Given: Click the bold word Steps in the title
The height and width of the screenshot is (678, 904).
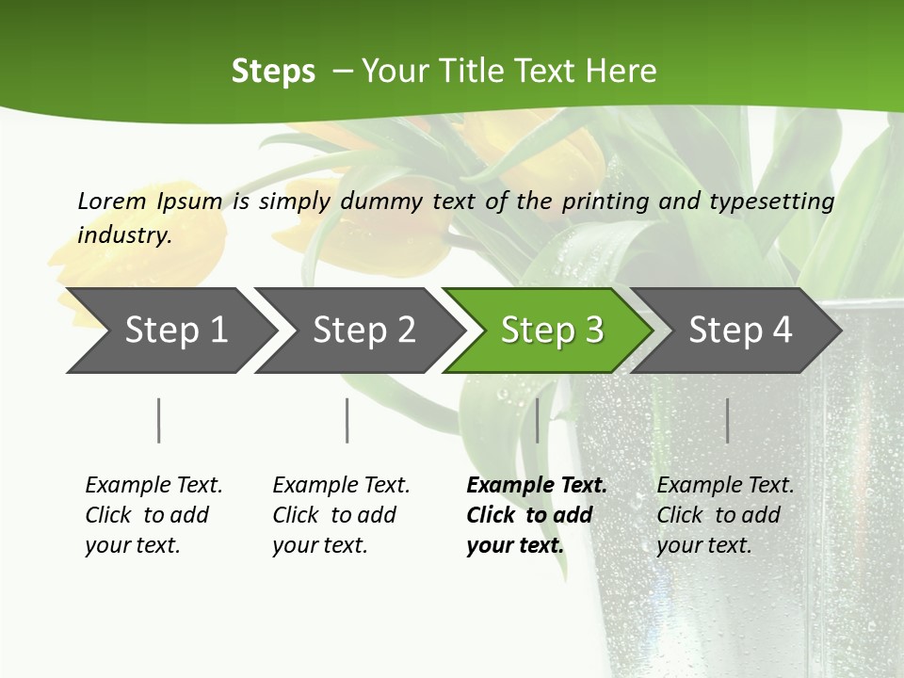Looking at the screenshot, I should tap(273, 72).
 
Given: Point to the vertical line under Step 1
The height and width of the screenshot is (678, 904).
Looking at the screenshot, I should tap(159, 420).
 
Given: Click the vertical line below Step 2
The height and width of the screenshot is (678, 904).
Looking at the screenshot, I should tap(347, 420).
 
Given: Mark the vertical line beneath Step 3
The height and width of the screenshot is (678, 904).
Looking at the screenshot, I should tap(537, 420).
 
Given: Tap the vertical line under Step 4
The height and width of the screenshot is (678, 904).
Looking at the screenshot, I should tap(727, 420).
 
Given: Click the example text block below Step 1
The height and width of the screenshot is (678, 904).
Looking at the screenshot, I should tap(153, 515).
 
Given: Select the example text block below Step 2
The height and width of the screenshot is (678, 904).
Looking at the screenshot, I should tap(341, 515).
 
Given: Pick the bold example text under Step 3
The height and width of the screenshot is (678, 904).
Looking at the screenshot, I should tap(536, 515).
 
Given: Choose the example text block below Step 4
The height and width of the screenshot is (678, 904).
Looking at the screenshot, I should tap(725, 515).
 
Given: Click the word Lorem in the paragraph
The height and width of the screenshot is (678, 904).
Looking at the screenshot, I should tap(111, 202).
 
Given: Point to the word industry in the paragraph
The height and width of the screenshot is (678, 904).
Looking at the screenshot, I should tap(124, 234).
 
